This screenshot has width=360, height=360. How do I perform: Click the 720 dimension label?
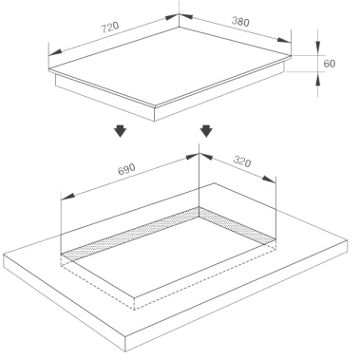110,28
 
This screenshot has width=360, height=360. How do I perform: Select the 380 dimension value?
240,21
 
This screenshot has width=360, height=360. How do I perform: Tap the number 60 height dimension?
330,64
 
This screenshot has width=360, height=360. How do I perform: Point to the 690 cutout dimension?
126,169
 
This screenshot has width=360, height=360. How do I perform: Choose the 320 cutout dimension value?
242,161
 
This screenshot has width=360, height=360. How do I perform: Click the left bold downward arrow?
121,130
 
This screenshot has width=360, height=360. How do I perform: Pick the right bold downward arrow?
206,130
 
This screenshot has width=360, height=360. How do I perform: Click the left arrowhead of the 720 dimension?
55,52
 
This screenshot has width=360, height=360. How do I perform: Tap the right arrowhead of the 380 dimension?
284,40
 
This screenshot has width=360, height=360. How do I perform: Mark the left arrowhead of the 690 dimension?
67,197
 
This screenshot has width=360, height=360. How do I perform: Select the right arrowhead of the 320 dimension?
270,180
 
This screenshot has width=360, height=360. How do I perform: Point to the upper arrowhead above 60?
318,46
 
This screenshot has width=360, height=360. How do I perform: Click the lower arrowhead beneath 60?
318,79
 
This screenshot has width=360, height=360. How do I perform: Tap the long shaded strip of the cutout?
130,234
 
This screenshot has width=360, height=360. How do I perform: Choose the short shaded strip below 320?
237,226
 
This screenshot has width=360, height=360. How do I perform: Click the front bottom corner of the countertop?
126,351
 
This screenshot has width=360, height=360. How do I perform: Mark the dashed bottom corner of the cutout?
134,310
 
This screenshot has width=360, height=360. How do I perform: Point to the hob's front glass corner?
155,105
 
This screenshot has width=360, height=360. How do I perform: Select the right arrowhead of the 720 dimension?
173,17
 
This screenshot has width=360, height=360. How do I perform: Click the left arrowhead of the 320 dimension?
205,157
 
